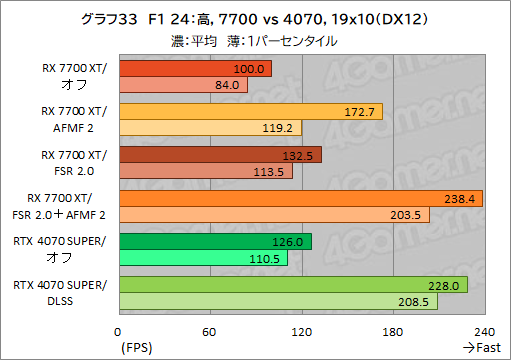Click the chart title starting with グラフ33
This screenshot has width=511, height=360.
(255, 19)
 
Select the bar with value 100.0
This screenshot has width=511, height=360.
(195, 69)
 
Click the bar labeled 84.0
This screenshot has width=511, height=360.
(183, 85)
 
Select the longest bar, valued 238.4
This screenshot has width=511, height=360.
(300, 198)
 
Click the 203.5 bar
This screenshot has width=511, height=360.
(274, 215)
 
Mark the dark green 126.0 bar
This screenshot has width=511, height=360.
(215, 241)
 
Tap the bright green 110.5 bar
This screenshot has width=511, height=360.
(203, 258)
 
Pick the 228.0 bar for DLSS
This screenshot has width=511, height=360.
(293, 285)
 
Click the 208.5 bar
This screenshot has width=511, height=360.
(278, 301)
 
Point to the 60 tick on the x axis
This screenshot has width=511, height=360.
(210, 331)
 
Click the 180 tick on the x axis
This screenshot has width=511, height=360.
(393, 331)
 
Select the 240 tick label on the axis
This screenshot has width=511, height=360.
(484, 331)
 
